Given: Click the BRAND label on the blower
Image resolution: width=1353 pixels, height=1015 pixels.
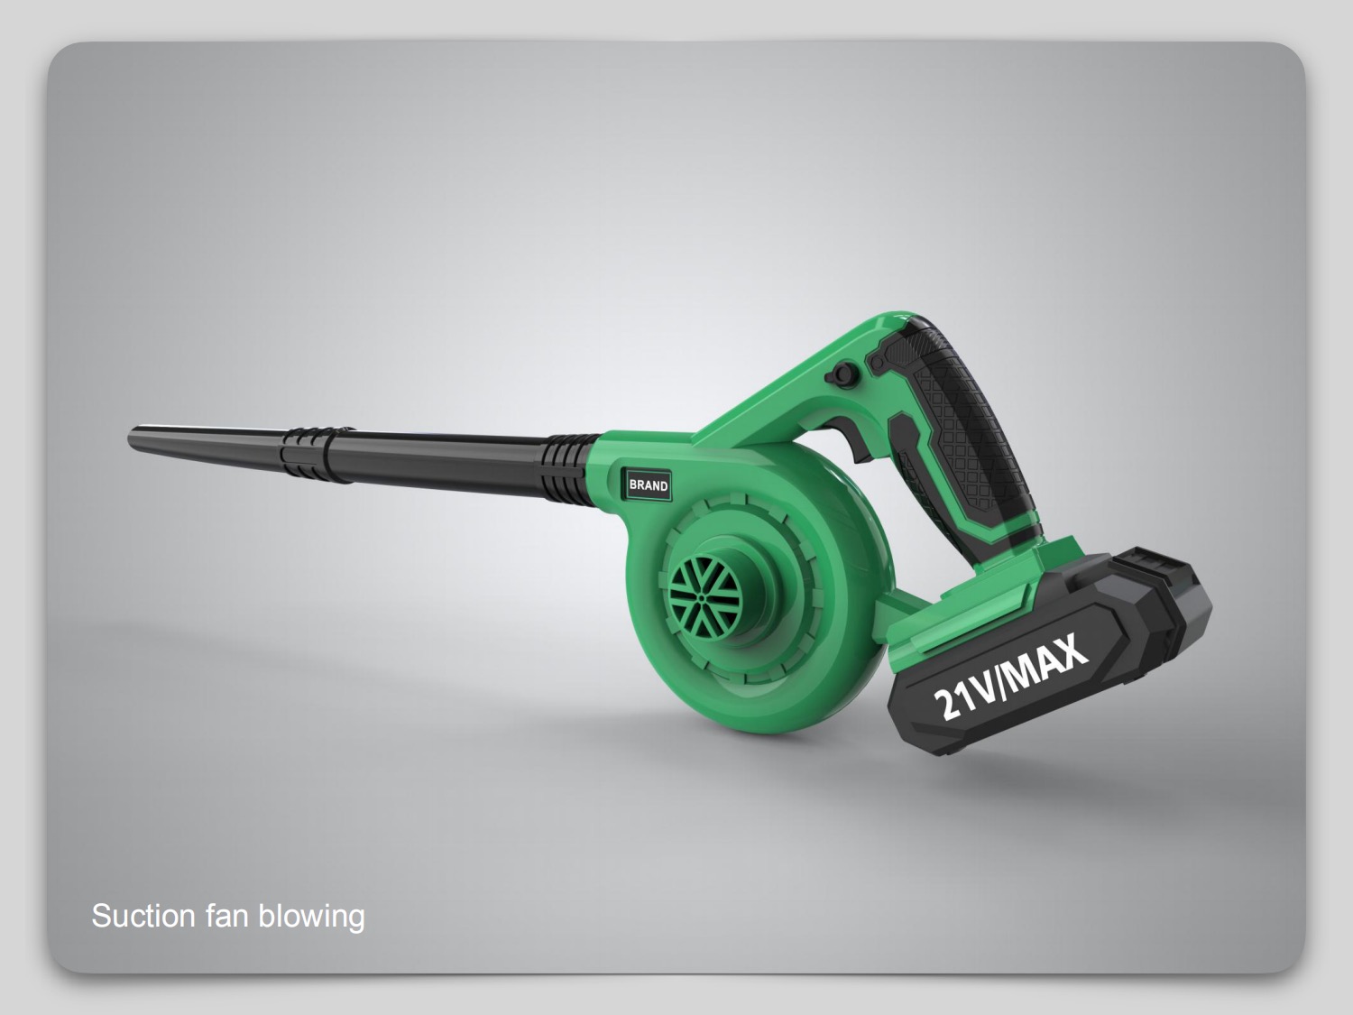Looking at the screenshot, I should (x=649, y=485).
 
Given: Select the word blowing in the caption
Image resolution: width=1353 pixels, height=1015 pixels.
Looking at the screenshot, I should (x=311, y=916).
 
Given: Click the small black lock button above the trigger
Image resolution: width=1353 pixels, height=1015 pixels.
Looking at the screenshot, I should (x=845, y=373).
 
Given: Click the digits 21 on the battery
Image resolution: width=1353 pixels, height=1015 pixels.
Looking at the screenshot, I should (x=953, y=702).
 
